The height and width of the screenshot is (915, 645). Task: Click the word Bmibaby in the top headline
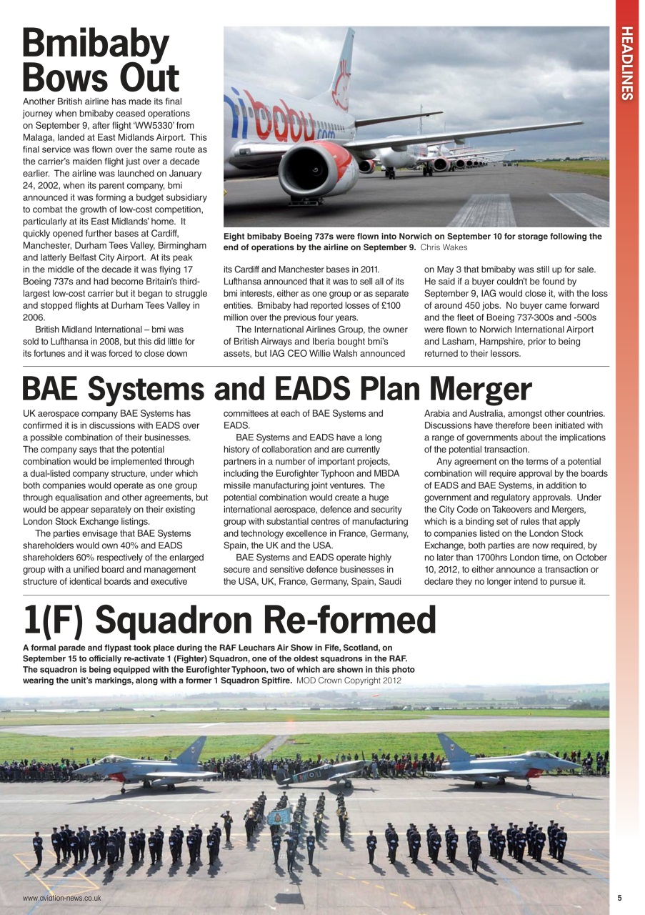tap(94, 44)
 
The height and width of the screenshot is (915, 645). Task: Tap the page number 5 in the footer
tap(619, 898)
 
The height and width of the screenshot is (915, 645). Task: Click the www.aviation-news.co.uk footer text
tap(61, 898)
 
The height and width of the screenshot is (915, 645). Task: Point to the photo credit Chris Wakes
tap(445, 247)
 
